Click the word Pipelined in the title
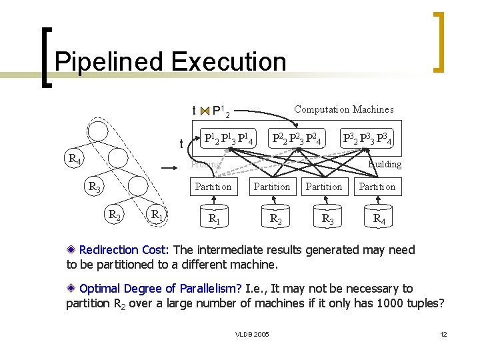tap(110, 62)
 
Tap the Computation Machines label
tap(343, 109)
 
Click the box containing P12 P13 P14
tap(228, 139)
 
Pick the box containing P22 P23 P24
tap(297, 139)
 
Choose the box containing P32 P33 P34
tap(366, 139)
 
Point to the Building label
tap(385, 164)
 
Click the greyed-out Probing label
tap(205, 164)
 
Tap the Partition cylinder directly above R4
tap(377, 187)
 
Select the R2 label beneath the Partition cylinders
tap(273, 218)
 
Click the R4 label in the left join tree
tap(75, 159)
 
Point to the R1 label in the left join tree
tap(157, 215)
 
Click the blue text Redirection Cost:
tap(125, 250)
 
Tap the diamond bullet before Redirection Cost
tap(71, 251)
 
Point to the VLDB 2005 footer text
tap(253, 333)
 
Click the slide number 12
tap(443, 333)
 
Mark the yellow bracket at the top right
tap(439, 41)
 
